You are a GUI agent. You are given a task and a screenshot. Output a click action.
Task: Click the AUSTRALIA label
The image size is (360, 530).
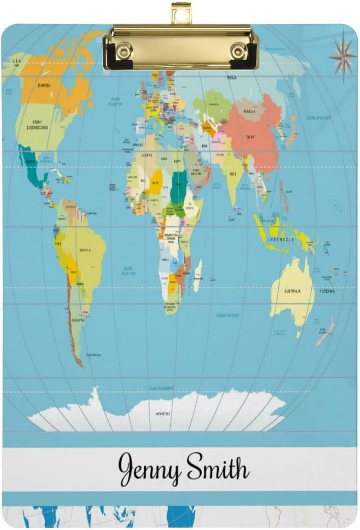click(292, 290)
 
